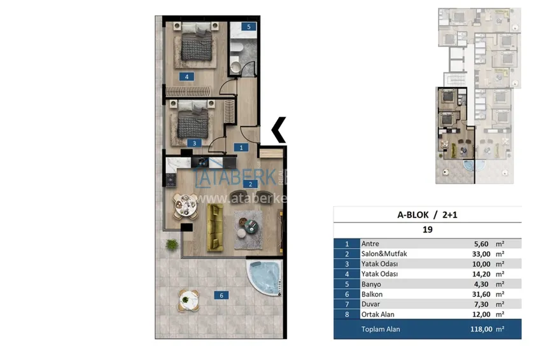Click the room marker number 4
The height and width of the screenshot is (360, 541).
click(x=186, y=77)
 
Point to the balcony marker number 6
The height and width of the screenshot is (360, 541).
click(x=220, y=295)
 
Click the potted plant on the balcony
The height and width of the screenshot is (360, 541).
click(x=171, y=244)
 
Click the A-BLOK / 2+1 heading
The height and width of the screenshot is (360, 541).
click(x=427, y=215)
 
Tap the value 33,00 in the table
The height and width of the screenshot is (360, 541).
click(x=477, y=253)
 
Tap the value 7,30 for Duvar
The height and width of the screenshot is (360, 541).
click(x=478, y=304)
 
